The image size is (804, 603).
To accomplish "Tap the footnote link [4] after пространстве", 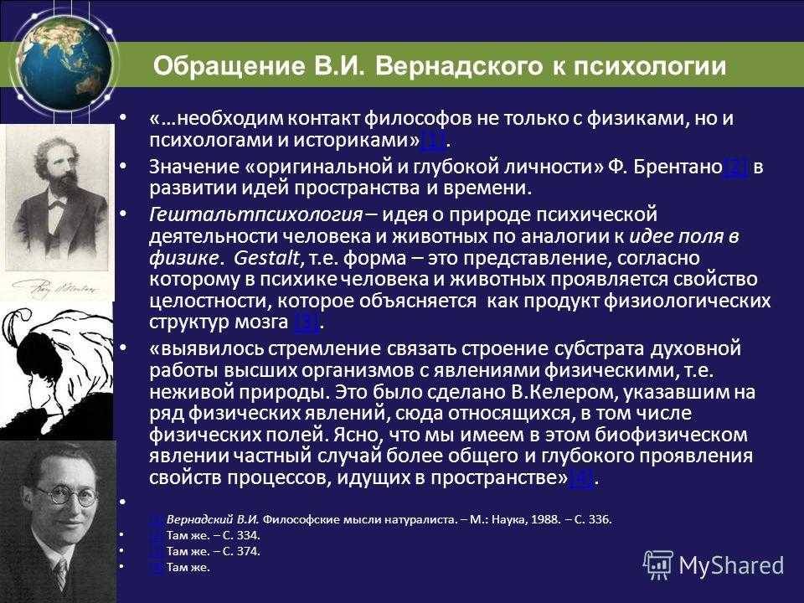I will coord(581,478).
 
